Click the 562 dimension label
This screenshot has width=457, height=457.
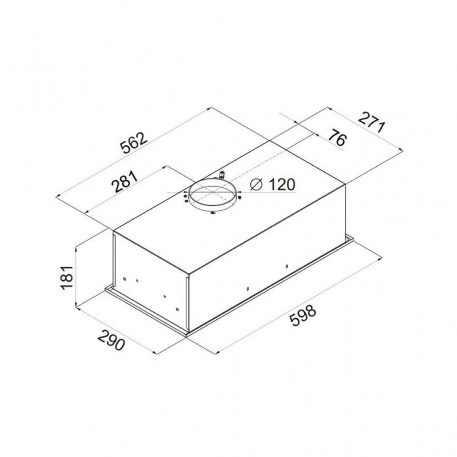[x=134, y=143]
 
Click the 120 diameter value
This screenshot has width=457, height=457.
[x=282, y=184]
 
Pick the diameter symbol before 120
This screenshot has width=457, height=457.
[x=256, y=185]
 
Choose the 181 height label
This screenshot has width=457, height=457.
[x=66, y=277]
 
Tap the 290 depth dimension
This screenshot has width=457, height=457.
[x=111, y=340]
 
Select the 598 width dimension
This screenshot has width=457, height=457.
[x=303, y=316]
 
